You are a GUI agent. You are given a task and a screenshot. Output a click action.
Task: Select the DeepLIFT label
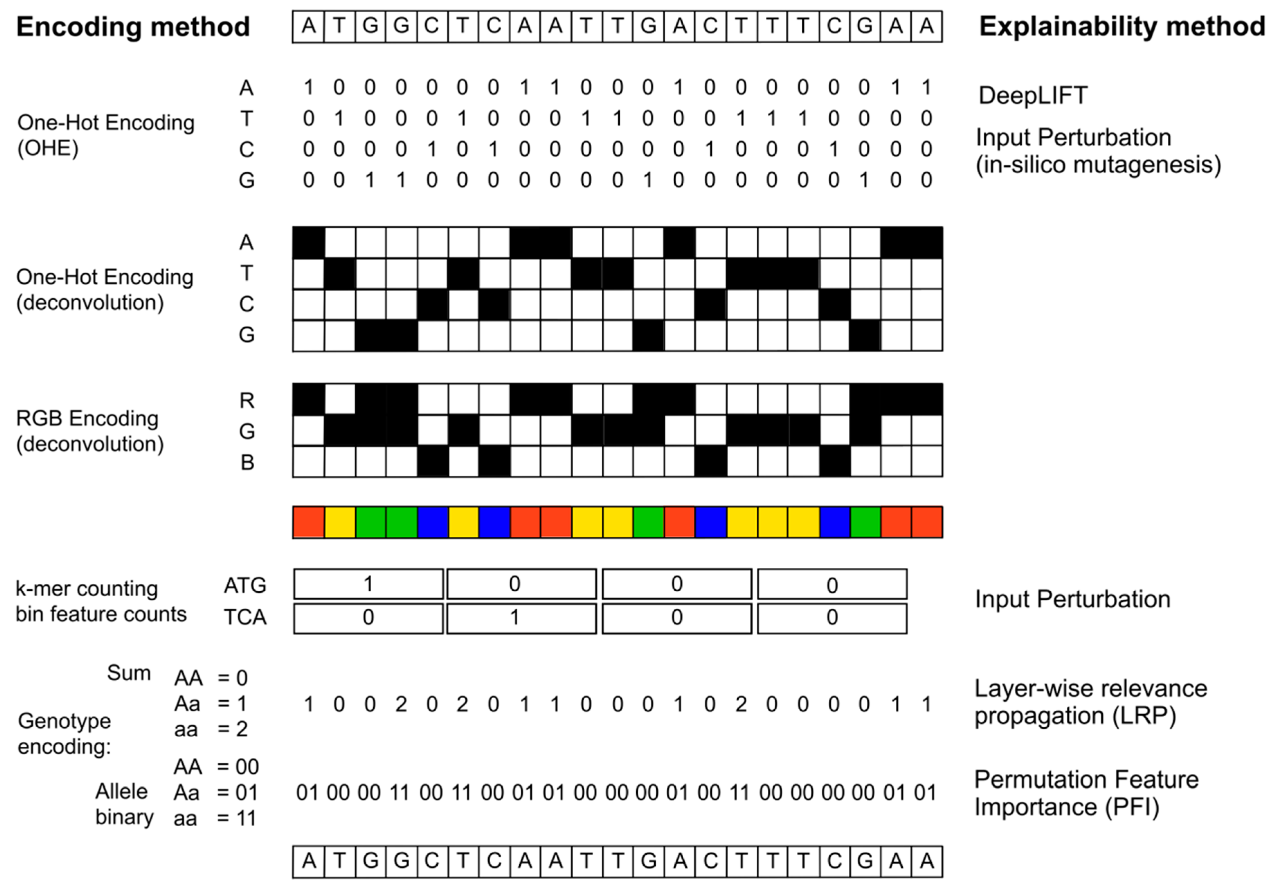point(1032,96)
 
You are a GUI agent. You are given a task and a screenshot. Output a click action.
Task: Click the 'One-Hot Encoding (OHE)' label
point(106,135)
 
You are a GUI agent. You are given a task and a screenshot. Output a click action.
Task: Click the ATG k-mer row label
point(245,585)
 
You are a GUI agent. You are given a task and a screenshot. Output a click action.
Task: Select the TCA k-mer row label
point(245,617)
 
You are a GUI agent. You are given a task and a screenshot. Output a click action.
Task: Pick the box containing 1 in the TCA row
point(521,618)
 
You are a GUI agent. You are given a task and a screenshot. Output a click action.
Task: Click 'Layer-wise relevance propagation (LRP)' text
point(1091,702)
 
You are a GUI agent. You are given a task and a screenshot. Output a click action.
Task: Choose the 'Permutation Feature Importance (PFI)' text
point(1086,793)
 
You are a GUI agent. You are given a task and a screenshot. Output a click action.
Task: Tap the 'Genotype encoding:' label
point(64,733)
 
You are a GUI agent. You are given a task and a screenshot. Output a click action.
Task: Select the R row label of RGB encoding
point(247,400)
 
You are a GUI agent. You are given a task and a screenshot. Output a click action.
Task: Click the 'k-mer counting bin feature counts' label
point(101,601)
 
